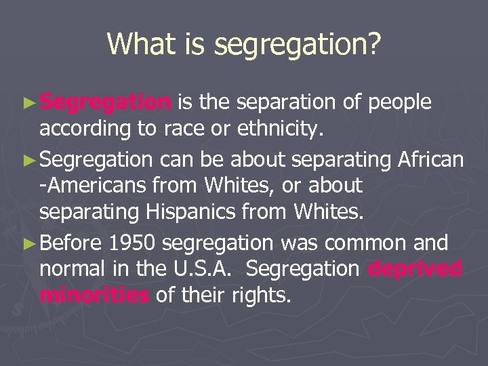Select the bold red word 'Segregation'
point(105,102)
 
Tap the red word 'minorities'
point(94,296)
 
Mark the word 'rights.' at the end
point(261,296)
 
